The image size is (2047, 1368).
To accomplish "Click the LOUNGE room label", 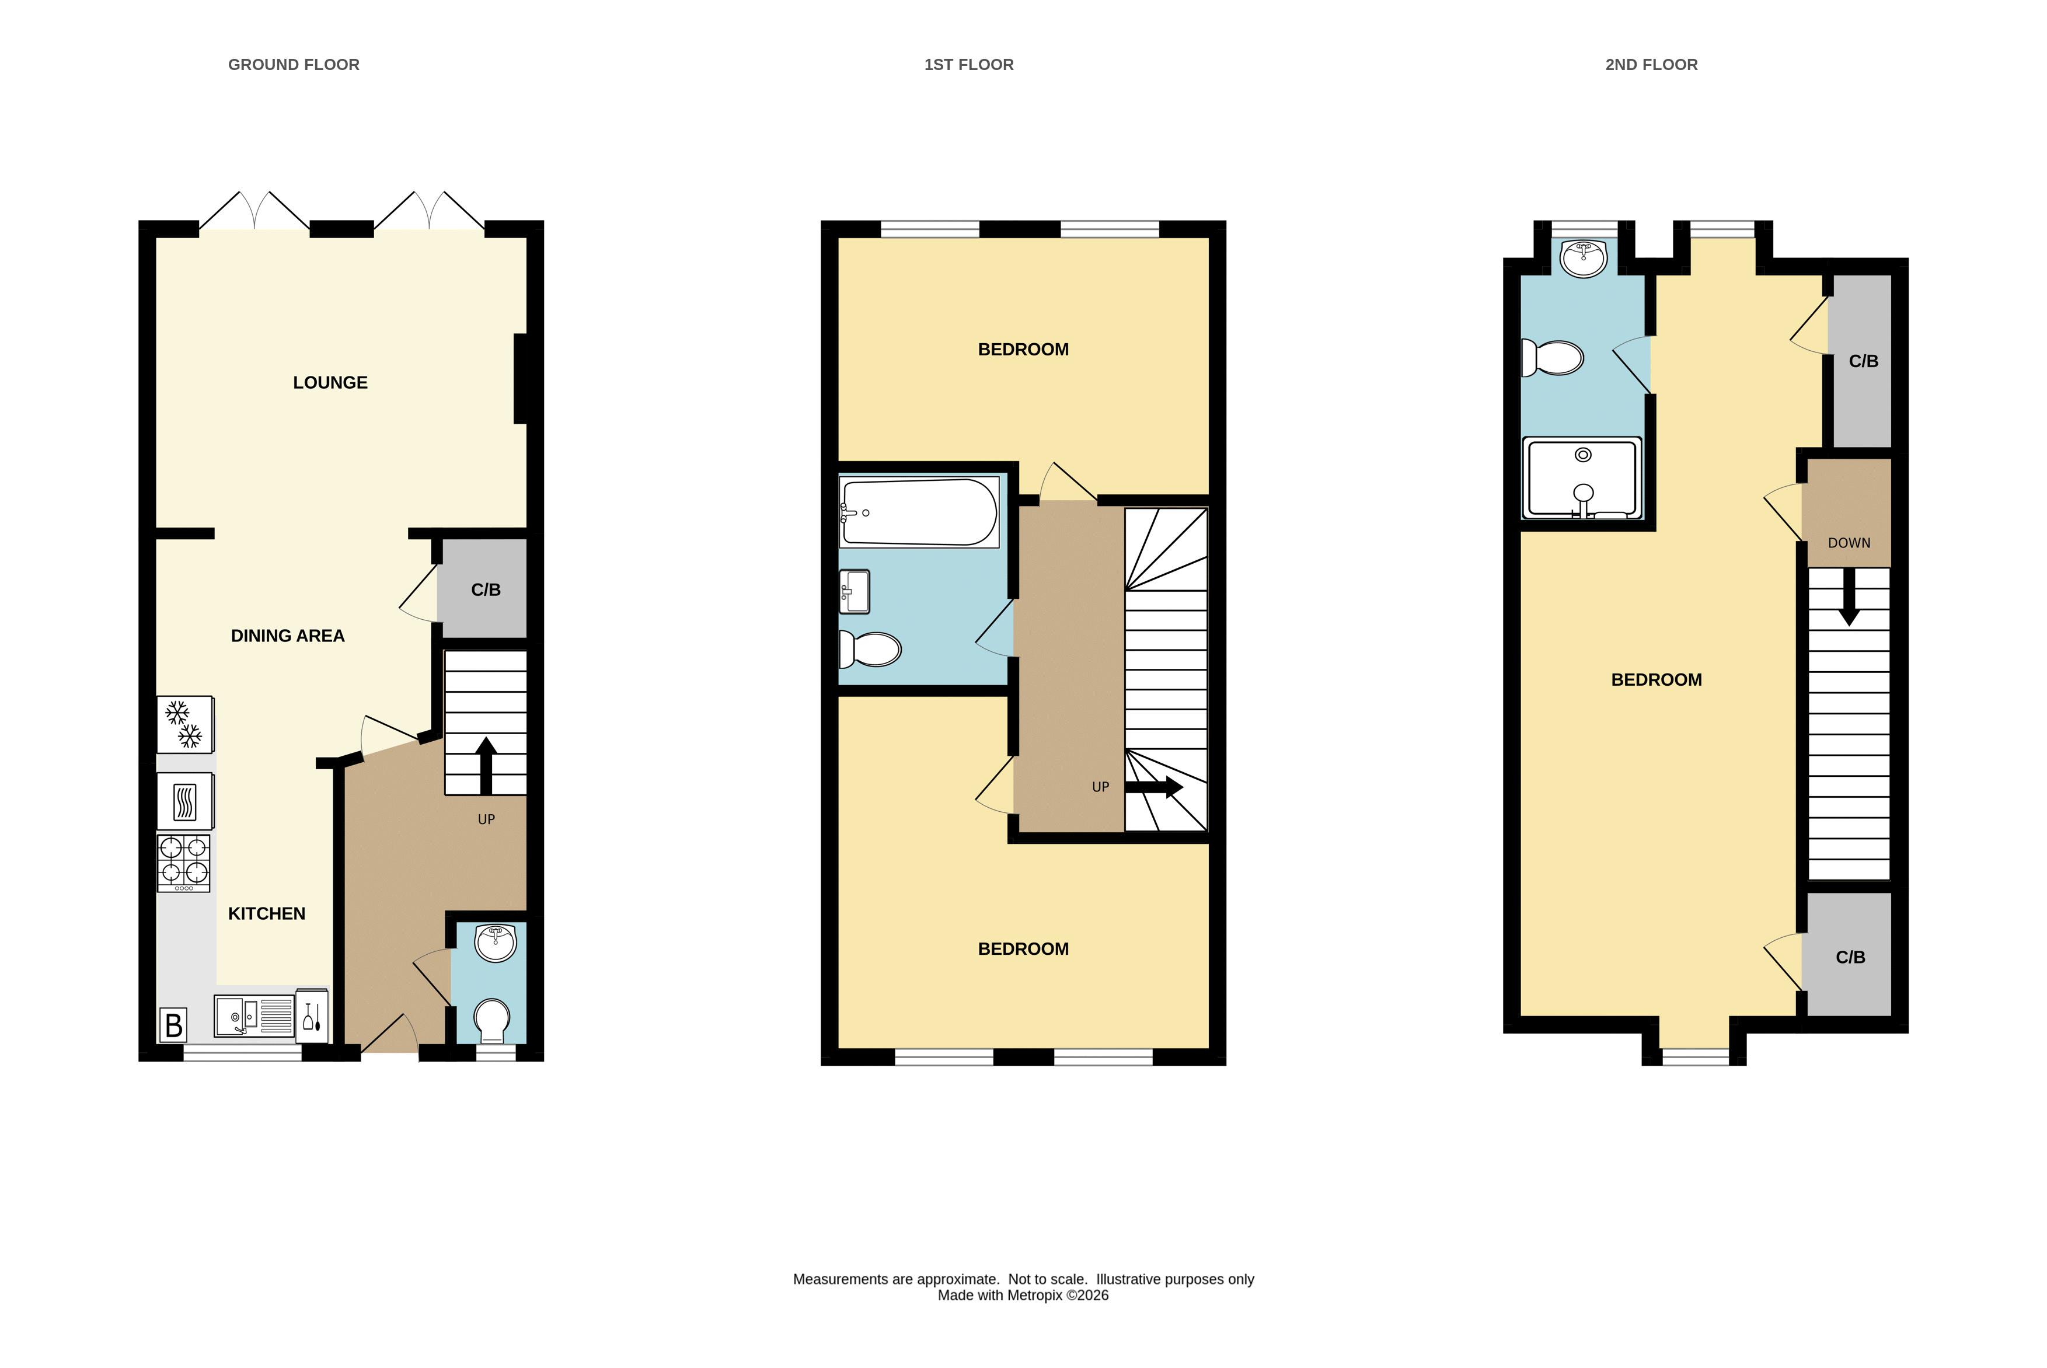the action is pos(330,382).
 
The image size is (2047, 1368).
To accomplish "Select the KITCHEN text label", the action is pos(267,913).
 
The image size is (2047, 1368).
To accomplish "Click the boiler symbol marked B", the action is pos(173,1025).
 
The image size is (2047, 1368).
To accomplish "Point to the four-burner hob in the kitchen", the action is pos(183,863).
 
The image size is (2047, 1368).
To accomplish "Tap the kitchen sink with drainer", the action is pos(254,1017).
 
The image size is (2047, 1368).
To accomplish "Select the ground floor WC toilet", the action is pos(492,1021).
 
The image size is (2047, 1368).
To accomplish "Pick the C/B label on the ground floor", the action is pos(486,590).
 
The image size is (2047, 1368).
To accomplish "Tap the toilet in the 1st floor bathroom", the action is pos(870,649).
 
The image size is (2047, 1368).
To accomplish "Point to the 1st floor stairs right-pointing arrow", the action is pos(1153,787).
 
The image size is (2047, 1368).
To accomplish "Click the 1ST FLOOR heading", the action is pos(968,65).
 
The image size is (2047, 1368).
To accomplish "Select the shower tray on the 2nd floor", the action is pos(1582,478).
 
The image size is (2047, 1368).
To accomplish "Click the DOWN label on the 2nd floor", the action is pos(1849,543).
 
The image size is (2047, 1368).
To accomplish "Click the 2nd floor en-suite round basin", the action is pos(1584,259).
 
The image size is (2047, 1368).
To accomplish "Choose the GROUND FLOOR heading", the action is pos(294,65).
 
